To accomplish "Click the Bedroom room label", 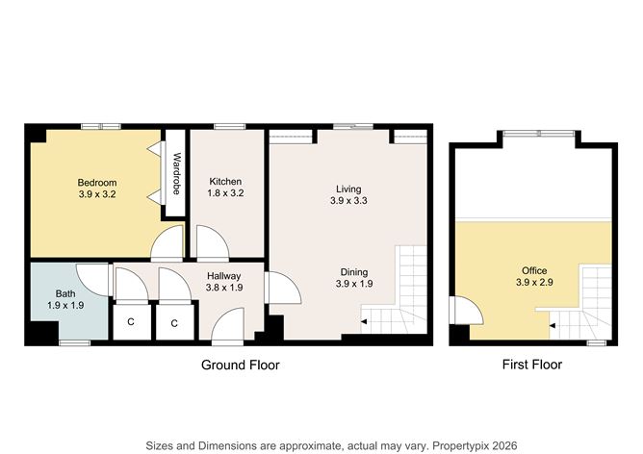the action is (97, 183).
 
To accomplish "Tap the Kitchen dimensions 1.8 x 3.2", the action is (225, 193).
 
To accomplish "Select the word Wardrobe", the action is (177, 173).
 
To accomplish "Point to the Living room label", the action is (348, 189).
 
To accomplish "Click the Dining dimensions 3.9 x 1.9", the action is (354, 284).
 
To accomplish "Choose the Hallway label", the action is (223, 276).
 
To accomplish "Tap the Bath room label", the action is (65, 293).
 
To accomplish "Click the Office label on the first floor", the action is (534, 270).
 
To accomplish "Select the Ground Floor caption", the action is (241, 365).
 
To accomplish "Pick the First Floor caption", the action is (532, 365).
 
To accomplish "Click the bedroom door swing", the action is (167, 243).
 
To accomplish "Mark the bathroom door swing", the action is (93, 280).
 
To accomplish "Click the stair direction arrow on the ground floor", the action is (364, 322).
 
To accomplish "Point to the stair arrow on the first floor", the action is (553, 326).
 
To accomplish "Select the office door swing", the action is (467, 310).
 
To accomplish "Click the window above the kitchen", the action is (230, 127).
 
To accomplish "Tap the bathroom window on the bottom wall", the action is (75, 342).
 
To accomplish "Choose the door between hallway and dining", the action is (284, 288).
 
